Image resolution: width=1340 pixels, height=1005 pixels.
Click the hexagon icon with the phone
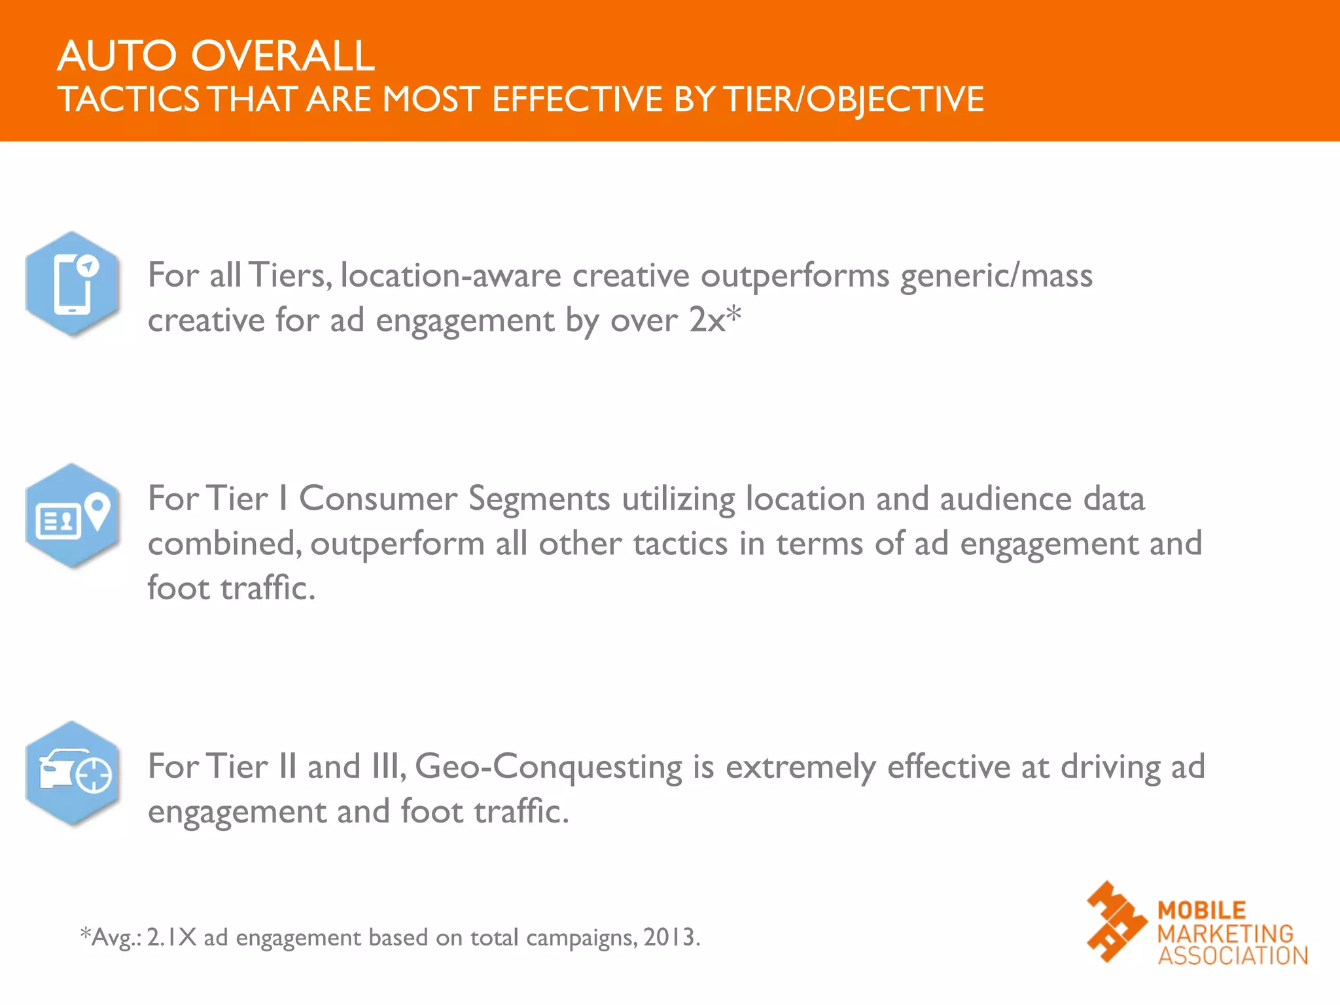(x=72, y=283)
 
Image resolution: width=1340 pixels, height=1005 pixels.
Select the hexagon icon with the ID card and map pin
(x=72, y=516)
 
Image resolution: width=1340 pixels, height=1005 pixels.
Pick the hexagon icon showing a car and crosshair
(x=72, y=773)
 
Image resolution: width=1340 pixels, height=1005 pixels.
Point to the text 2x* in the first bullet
(x=715, y=320)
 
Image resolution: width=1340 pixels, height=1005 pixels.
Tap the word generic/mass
(x=996, y=275)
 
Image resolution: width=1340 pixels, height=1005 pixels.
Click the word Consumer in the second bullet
(x=378, y=499)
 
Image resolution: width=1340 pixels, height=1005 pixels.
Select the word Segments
(x=538, y=499)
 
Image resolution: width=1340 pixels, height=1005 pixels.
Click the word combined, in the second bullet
(x=224, y=544)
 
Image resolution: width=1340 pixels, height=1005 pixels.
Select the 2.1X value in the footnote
(x=171, y=938)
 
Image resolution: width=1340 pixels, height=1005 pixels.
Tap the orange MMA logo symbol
(x=1115, y=922)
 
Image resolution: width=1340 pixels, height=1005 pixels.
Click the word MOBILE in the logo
(x=1201, y=910)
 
